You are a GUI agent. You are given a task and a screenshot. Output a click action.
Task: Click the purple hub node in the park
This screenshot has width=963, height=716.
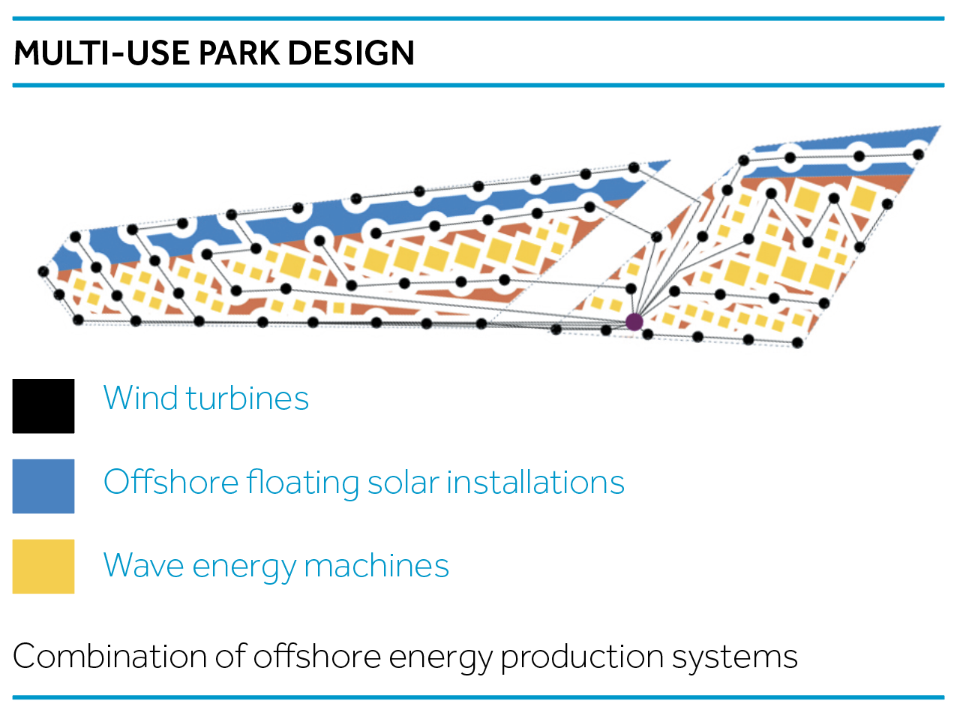[x=634, y=322]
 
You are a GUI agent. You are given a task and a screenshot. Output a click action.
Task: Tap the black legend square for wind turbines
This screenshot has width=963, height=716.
[x=43, y=406]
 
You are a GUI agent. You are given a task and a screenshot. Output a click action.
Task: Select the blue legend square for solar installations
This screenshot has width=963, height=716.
[x=43, y=486]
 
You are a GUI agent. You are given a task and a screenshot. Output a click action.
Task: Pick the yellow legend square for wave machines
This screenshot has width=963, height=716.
[x=43, y=567]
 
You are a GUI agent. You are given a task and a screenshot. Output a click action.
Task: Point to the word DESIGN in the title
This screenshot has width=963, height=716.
[x=351, y=53]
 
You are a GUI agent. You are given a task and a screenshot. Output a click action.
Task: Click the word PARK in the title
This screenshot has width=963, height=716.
[x=239, y=53]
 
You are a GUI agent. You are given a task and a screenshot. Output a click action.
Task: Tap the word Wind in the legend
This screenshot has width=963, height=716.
[x=140, y=397]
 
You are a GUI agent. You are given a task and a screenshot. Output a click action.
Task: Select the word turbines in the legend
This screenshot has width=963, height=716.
[x=247, y=397]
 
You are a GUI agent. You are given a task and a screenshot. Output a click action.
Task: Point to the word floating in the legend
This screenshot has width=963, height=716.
[x=302, y=483]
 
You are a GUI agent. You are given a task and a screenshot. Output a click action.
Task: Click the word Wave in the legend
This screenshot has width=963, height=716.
[x=143, y=566]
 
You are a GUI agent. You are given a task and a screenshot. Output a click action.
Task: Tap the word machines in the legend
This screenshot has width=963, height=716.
[x=376, y=565]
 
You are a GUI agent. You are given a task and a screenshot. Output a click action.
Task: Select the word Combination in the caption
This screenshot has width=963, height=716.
[x=109, y=656]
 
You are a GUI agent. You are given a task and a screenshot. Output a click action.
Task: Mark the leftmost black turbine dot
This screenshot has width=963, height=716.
[x=43, y=272]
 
